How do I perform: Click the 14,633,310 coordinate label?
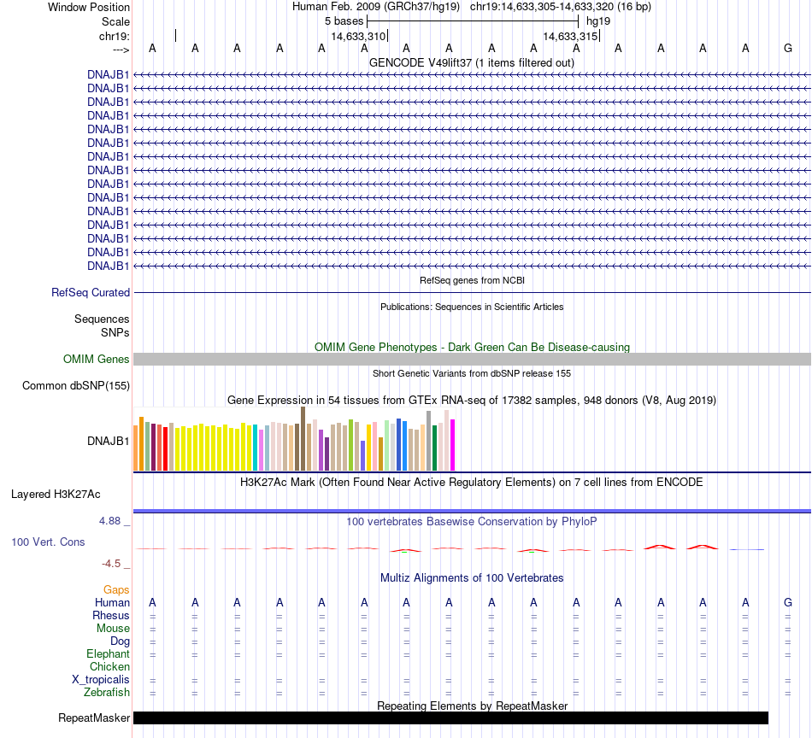click(x=358, y=36)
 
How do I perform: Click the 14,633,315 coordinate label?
click(x=570, y=36)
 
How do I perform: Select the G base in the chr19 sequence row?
click(x=787, y=48)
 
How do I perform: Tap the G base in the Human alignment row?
click(x=787, y=603)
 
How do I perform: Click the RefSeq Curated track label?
click(x=91, y=292)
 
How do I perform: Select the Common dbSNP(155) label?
click(x=76, y=385)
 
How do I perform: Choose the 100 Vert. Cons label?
click(x=48, y=542)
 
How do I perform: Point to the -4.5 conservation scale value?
click(x=114, y=563)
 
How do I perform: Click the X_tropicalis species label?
click(x=101, y=679)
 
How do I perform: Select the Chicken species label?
click(x=109, y=666)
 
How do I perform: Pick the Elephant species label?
click(x=108, y=653)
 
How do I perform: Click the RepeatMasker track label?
click(x=94, y=717)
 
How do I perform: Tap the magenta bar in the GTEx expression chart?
click(x=452, y=444)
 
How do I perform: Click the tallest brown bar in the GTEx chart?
click(x=303, y=438)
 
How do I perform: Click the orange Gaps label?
click(x=116, y=589)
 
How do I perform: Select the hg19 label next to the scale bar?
click(x=598, y=20)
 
